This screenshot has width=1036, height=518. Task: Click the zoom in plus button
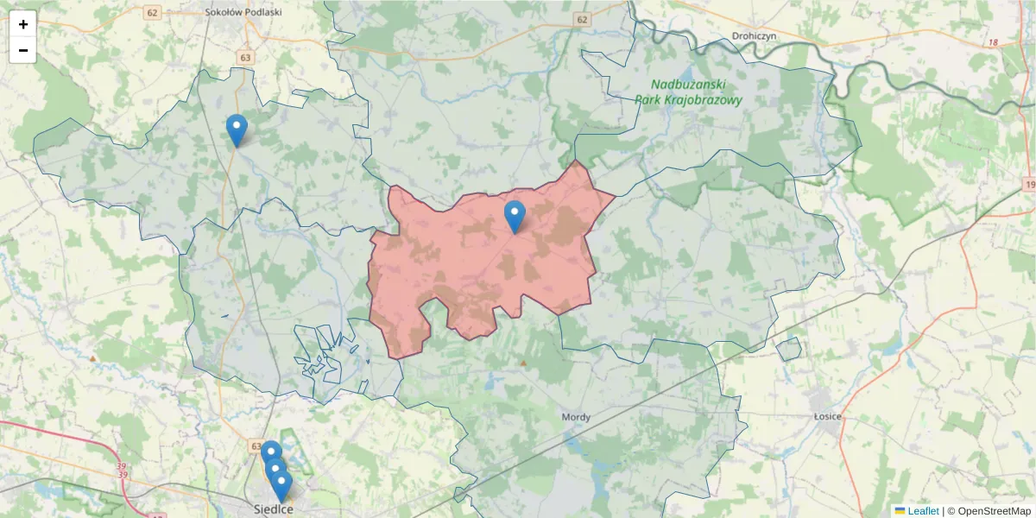coord(23,24)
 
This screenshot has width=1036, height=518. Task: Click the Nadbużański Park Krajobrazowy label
coord(688,92)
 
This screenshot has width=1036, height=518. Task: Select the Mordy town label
coord(576,418)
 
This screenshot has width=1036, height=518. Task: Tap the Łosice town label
coord(827,417)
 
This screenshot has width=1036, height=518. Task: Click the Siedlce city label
coord(274,509)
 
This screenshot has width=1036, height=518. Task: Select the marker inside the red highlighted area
coord(515,216)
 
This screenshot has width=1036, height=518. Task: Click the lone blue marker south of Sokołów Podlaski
coord(237,129)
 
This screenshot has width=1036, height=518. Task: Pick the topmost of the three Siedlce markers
coord(271,453)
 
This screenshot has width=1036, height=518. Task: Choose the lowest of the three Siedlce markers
coord(281,485)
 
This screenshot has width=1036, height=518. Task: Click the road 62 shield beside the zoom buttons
coord(153,12)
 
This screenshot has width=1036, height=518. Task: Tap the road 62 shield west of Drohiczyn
coord(582,18)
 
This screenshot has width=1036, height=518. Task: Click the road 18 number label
coord(994,42)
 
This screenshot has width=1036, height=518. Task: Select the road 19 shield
coord(1030,185)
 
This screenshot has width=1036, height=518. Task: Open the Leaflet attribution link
coord(922,511)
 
